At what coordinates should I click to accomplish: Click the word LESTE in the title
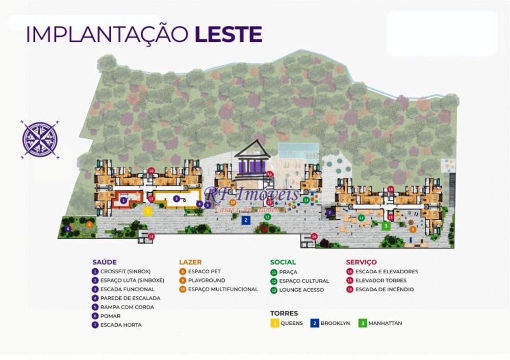228,34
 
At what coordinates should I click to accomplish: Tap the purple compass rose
40,139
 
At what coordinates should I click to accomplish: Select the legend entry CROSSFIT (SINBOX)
125,272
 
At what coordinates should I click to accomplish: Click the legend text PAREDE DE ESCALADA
130,298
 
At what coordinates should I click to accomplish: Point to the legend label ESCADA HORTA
121,325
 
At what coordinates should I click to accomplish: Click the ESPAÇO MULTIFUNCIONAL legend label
223,289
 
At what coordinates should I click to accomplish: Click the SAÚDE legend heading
105,262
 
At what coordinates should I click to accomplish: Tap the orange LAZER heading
190,262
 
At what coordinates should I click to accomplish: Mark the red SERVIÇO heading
361,262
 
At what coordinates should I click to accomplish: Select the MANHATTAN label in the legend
384,323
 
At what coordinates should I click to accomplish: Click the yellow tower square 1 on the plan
147,211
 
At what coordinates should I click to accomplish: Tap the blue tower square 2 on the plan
246,220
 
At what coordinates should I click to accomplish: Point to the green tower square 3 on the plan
386,225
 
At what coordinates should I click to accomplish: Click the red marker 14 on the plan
151,237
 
